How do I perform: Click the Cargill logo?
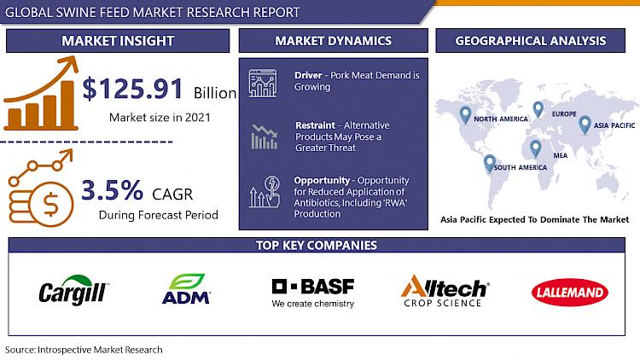coord(73,290)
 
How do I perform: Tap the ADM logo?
coord(187,289)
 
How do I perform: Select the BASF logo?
coord(313,293)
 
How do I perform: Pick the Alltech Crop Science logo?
coord(445,290)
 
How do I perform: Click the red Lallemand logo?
coord(570,293)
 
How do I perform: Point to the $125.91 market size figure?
coord(132,89)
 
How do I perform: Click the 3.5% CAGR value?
coord(113,189)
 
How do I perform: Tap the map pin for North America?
coord(465,114)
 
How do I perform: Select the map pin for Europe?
coord(538,109)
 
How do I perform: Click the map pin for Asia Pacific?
coord(585,125)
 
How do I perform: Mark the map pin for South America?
coord(490,163)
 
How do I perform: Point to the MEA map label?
coord(561,155)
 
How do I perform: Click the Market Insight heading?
coord(118,41)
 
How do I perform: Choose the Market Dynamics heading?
coord(333,41)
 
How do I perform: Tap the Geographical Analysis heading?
coord(531,41)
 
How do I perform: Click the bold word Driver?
coord(308,75)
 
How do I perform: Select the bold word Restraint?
coord(315,125)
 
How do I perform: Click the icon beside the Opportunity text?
coord(265,191)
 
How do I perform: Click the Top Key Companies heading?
coord(317,245)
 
